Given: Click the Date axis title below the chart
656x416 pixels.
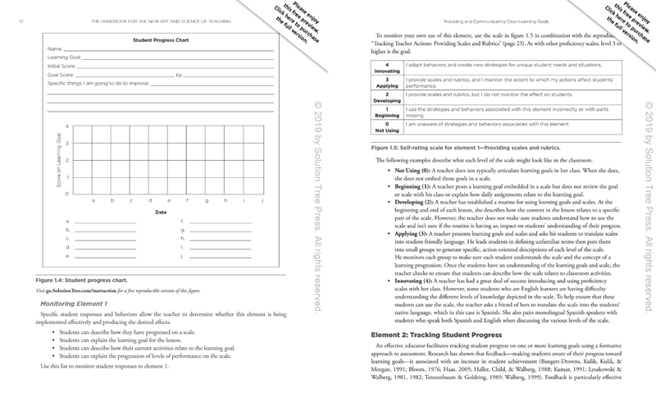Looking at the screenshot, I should pyautogui.click(x=162, y=212).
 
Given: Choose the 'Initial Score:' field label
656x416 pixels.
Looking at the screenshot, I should pyautogui.click(x=65, y=66).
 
